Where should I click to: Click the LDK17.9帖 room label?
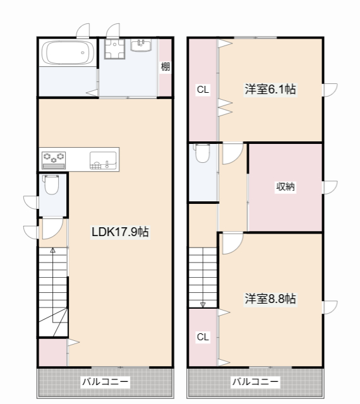coord(120,232)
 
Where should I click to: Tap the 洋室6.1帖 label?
coord(270,89)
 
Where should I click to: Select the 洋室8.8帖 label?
coord(270,299)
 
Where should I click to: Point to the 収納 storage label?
coord(285,187)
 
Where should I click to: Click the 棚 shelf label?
coord(165,67)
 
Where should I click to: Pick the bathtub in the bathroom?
coord(68,52)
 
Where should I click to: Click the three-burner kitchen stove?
coord(54,160)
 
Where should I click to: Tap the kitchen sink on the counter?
coord(103,160)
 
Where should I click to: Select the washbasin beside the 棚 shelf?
coord(141,45)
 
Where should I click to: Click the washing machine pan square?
coord(114,49)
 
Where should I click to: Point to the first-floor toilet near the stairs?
coord(52,184)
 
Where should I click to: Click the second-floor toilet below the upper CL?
coord(203,153)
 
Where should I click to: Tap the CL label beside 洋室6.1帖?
coord(203,90)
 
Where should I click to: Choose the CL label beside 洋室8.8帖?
coord(203,336)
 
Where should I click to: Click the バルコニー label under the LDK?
coord(105,381)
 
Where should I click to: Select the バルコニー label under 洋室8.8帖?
coord(256,381)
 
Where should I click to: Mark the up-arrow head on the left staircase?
coord(52,250)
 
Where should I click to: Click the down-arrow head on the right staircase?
coord(203,305)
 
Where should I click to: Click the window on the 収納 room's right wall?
coord(330,187)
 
